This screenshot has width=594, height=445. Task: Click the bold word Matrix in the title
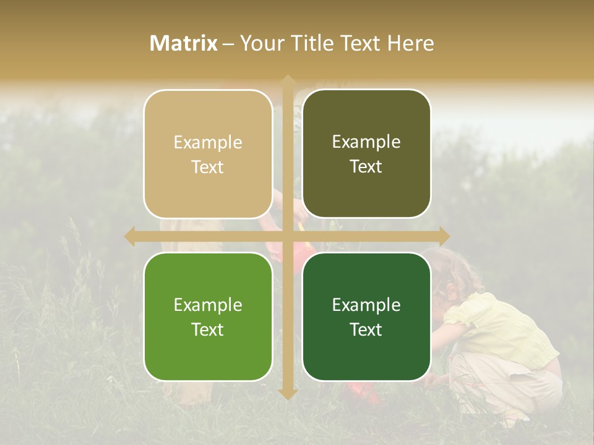pos(184,43)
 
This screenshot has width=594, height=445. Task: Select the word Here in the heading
pos(410,43)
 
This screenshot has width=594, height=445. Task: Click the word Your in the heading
pos(259,43)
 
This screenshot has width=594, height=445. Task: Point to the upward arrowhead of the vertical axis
pos(287,80)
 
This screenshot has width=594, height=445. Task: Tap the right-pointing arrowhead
pos(444,236)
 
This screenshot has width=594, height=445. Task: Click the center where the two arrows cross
pos(287,236)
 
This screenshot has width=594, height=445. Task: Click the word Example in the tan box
pos(208,143)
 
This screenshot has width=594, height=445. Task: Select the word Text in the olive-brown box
pos(366,167)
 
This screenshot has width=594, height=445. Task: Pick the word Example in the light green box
pos(208,305)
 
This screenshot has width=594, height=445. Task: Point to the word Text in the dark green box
pos(366,329)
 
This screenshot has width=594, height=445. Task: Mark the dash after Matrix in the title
pos(229,44)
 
